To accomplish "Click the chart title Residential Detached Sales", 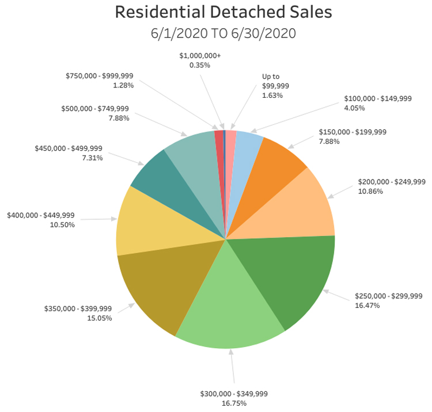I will [223, 12].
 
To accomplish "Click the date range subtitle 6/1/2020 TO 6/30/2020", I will [223, 33].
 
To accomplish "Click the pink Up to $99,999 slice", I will [230, 144].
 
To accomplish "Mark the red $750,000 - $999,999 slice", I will [219, 144].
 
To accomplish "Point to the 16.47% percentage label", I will [368, 306].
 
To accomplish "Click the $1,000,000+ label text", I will [200, 56].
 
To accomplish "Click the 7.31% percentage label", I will [92, 158].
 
